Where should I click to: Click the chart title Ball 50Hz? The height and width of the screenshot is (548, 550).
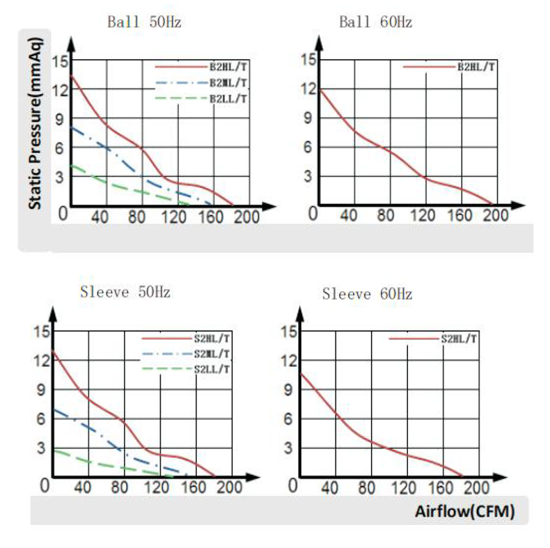144,22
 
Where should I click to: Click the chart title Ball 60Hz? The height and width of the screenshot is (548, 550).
375,22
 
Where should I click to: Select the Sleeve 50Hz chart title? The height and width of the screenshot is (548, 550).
125,291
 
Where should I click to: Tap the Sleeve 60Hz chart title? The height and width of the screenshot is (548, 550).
367,294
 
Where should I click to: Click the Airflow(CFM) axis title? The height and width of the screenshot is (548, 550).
465,512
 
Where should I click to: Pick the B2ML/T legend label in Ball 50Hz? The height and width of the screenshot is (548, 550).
229,83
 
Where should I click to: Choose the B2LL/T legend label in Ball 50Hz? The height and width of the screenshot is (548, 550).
229,98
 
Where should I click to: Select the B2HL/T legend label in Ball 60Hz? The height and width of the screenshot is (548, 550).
476,67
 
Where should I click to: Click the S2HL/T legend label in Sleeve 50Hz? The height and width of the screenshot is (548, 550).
212,338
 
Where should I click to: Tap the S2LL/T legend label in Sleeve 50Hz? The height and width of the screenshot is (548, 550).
212,368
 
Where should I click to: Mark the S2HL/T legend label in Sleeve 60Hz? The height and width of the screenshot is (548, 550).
459,338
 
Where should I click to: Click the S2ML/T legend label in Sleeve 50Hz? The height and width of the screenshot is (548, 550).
212,354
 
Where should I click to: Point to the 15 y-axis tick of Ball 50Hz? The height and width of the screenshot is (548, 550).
60,61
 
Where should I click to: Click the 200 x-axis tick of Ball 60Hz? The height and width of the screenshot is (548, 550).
496,217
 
